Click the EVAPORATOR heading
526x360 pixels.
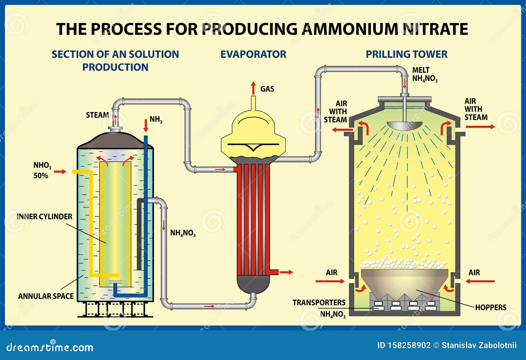point(253,54)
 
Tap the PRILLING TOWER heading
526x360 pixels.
point(406,54)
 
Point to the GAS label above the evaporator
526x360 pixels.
point(267,89)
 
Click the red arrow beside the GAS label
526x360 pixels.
point(253,88)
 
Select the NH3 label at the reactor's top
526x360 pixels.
point(156,119)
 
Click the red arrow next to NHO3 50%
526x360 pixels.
point(60,171)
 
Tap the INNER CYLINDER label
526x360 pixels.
point(44,217)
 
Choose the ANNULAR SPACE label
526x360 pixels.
point(46,296)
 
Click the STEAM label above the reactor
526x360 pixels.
point(97,115)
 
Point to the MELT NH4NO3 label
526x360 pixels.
point(424,75)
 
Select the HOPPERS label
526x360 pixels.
point(490,307)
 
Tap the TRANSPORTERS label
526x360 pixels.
point(319,303)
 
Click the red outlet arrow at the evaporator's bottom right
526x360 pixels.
point(286,272)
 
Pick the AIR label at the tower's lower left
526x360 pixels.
point(331,273)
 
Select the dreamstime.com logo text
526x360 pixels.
point(50,347)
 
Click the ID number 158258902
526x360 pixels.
point(409,345)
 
